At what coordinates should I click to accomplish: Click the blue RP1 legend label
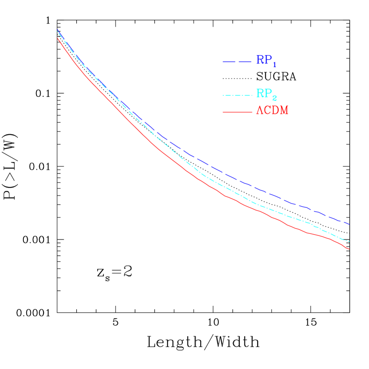coord(266,61)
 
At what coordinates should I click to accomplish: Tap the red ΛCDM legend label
coord(272,111)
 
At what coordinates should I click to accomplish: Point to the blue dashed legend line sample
coord(237,62)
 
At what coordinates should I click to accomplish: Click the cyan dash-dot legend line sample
coord(238,95)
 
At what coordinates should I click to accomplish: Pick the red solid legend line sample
coord(237,112)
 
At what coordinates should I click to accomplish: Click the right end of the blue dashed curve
coord(349,224)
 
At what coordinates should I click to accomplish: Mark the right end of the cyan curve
coord(349,242)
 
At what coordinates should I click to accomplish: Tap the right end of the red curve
coord(349,249)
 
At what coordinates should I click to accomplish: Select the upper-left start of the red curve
coord(58,38)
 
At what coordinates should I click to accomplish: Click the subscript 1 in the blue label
coord(275,65)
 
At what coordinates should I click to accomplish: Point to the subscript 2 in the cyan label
coord(275,98)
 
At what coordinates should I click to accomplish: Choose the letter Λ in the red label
coord(260,111)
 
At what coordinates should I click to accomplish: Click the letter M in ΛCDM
coord(283,111)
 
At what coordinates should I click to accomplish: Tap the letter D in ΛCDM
coord(275,111)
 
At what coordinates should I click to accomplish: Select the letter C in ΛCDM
coord(267,111)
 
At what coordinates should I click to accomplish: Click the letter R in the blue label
coord(260,60)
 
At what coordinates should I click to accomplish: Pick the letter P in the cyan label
coord(268,93)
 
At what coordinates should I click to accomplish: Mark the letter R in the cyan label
coord(260,93)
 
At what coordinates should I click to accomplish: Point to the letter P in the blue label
coord(268,60)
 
